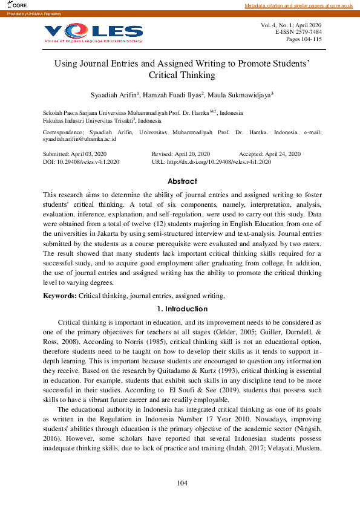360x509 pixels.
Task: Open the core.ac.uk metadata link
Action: (298, 5)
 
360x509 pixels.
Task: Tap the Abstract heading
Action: (182, 181)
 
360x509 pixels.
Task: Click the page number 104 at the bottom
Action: (183, 483)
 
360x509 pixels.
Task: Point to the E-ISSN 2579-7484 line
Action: (298, 32)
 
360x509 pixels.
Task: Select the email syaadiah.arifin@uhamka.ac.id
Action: (79, 139)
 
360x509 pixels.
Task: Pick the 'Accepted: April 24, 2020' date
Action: (270, 154)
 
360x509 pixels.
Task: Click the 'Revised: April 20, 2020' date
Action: (180, 154)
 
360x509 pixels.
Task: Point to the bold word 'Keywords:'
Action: (59, 296)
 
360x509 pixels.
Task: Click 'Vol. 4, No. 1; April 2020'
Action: (291, 25)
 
